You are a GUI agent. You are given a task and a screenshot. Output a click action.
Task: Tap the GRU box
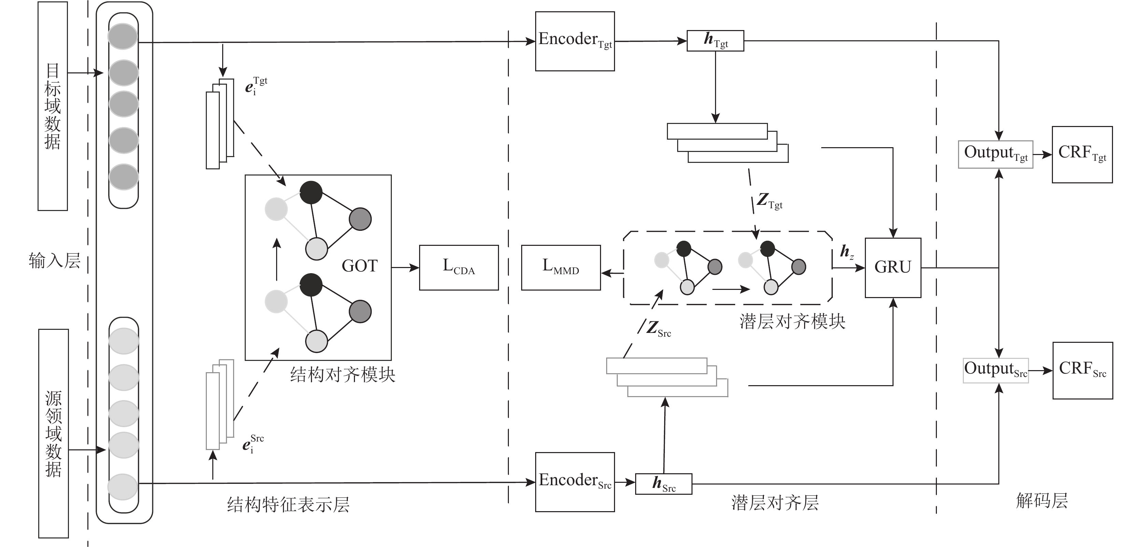893,267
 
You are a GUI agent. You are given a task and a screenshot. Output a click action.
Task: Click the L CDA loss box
459,267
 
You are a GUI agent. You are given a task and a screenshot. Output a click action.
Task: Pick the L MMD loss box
561,267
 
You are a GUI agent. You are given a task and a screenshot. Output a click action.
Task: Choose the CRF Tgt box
1082,154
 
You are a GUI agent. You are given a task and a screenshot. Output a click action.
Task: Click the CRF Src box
1083,370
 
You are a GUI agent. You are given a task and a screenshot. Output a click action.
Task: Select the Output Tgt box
995,154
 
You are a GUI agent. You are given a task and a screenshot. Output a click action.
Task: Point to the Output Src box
995,370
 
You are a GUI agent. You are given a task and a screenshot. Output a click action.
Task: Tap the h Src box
663,483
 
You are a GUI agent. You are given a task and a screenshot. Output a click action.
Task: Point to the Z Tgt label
769,200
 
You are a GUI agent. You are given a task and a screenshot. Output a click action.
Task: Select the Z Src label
658,329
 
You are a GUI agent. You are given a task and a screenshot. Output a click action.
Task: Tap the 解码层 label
1042,501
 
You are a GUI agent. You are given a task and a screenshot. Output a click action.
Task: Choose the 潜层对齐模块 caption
792,321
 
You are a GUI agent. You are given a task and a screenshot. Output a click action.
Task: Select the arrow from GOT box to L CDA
405,267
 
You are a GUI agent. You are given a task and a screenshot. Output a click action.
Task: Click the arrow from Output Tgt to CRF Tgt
1043,154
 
